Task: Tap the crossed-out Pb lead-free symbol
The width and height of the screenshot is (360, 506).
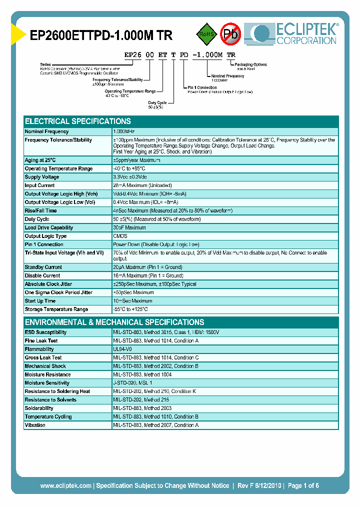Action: (x=230, y=34)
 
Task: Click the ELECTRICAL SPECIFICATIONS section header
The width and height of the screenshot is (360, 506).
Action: (x=78, y=121)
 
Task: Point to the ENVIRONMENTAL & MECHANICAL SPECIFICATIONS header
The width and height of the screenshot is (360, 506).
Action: (x=114, y=322)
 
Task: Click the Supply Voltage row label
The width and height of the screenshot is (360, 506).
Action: (x=42, y=177)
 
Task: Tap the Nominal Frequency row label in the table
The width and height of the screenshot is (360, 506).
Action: (x=46, y=131)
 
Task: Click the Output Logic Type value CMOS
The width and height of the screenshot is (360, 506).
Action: (x=120, y=236)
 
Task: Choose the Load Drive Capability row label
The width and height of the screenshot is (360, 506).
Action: (x=49, y=227)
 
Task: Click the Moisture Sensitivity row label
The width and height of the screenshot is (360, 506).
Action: (x=47, y=383)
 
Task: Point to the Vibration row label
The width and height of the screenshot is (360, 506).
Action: (x=35, y=425)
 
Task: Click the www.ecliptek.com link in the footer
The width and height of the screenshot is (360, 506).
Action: (x=65, y=485)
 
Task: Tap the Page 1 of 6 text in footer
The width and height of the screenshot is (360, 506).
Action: (x=303, y=485)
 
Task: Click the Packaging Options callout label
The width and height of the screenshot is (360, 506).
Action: (x=250, y=64)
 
